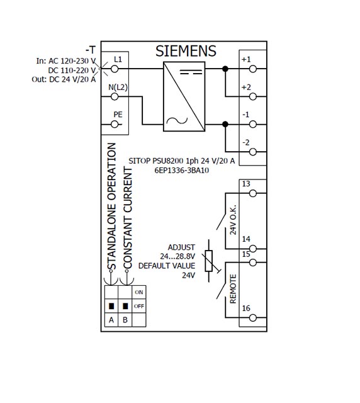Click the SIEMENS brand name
tap(186, 51)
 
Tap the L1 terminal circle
tap(115, 69)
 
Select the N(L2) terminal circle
tap(115, 96)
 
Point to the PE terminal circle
tap(115, 125)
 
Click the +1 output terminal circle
tap(253, 69)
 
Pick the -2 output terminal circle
tap(253, 152)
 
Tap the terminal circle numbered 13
tap(253, 193)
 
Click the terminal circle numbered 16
tap(253, 318)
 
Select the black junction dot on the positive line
tap(225, 69)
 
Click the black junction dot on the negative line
tap(225, 125)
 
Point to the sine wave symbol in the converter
tap(177, 120)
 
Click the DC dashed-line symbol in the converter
tap(191, 72)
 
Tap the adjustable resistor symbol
tap(209, 261)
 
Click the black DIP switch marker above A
tap(111, 306)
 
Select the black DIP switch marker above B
tap(125, 306)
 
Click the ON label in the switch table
tap(138, 292)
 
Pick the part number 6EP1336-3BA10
tap(182, 171)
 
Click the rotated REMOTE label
tap(233, 289)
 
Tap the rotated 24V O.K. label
tap(233, 220)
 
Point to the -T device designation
tap(91, 50)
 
